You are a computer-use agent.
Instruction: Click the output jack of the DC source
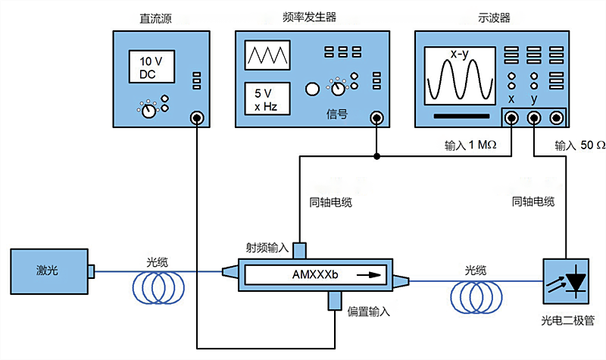tap(198, 117)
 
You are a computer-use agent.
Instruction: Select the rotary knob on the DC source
tap(149, 111)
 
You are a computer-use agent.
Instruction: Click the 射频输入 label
tap(267, 247)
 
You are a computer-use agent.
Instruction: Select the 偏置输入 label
tap(369, 311)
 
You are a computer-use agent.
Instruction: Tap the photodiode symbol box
tap(567, 282)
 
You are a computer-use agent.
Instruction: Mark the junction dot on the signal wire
tap(376, 158)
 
